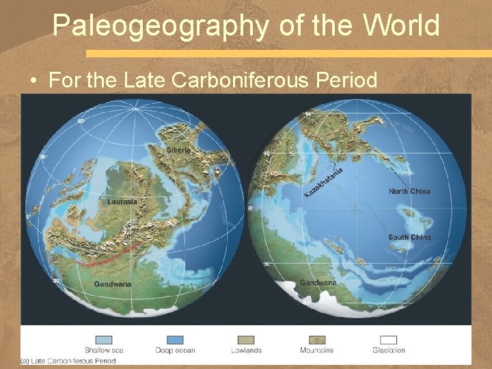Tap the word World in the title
401,25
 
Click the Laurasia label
122,202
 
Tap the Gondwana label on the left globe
113,284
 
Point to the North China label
410,191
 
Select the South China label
409,237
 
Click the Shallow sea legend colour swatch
104,340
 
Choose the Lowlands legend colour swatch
246,340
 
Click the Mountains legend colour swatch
316,340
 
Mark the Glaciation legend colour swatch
388,340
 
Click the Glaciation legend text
388,351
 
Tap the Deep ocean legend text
176,351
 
